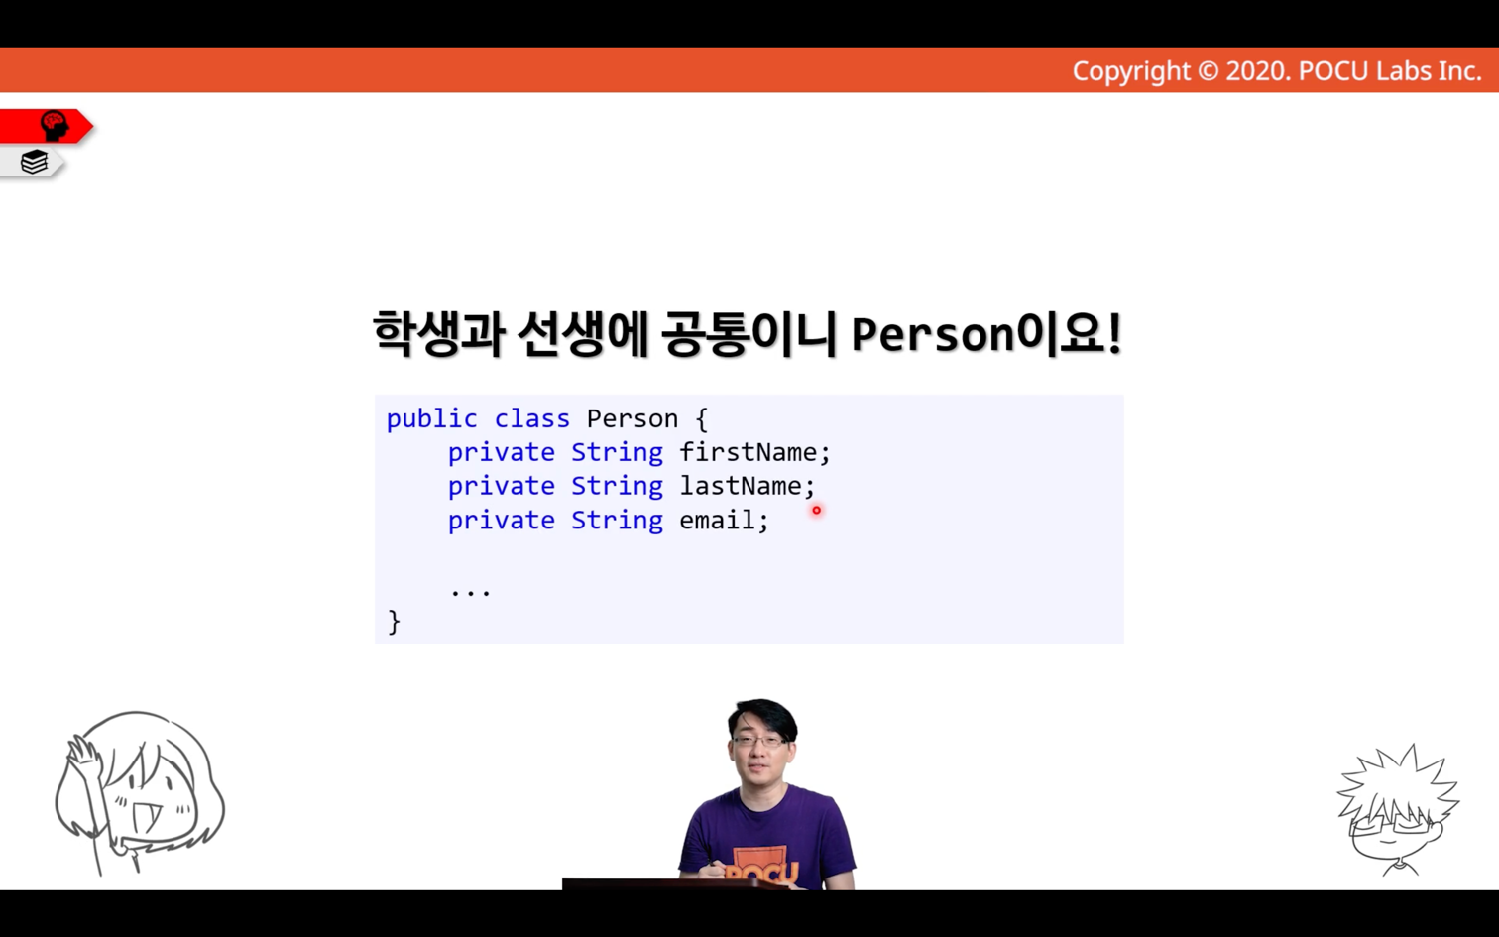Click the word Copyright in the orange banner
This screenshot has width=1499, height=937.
[x=1131, y=71]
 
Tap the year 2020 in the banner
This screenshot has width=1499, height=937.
[x=1255, y=71]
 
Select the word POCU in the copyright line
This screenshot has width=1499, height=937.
[x=1333, y=71]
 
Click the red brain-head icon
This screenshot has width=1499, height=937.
[x=55, y=126]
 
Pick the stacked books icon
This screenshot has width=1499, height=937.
[x=34, y=162]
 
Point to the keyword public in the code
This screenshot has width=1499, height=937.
[x=431, y=419]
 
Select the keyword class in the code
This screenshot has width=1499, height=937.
[x=532, y=419]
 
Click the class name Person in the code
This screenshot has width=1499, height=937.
[x=633, y=419]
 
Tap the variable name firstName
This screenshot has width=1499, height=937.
[x=749, y=452]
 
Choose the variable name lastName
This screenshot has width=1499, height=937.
[x=741, y=486]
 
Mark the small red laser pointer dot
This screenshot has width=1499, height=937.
[x=817, y=511]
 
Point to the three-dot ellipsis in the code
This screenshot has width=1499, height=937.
[x=471, y=592]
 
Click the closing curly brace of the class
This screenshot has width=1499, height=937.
[x=395, y=622]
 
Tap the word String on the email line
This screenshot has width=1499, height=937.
[x=617, y=521]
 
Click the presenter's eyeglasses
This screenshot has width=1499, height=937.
[x=760, y=741]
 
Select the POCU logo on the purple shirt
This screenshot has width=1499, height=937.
[x=763, y=868]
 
